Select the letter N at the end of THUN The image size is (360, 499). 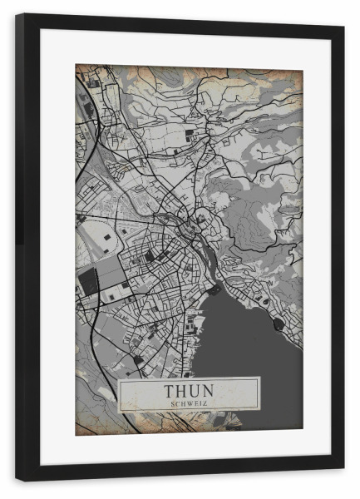pyautogui.click(x=210, y=389)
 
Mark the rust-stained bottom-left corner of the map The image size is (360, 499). pyautogui.click(x=82, y=427)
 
